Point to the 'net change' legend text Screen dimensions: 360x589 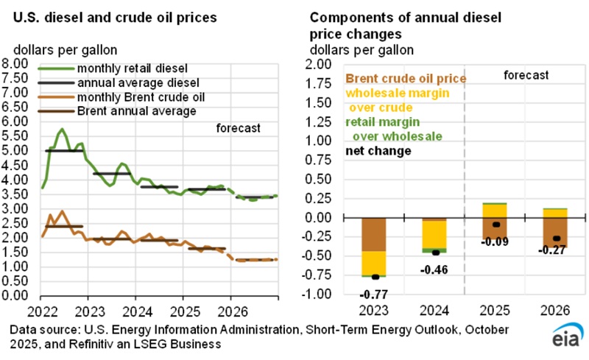(378, 151)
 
